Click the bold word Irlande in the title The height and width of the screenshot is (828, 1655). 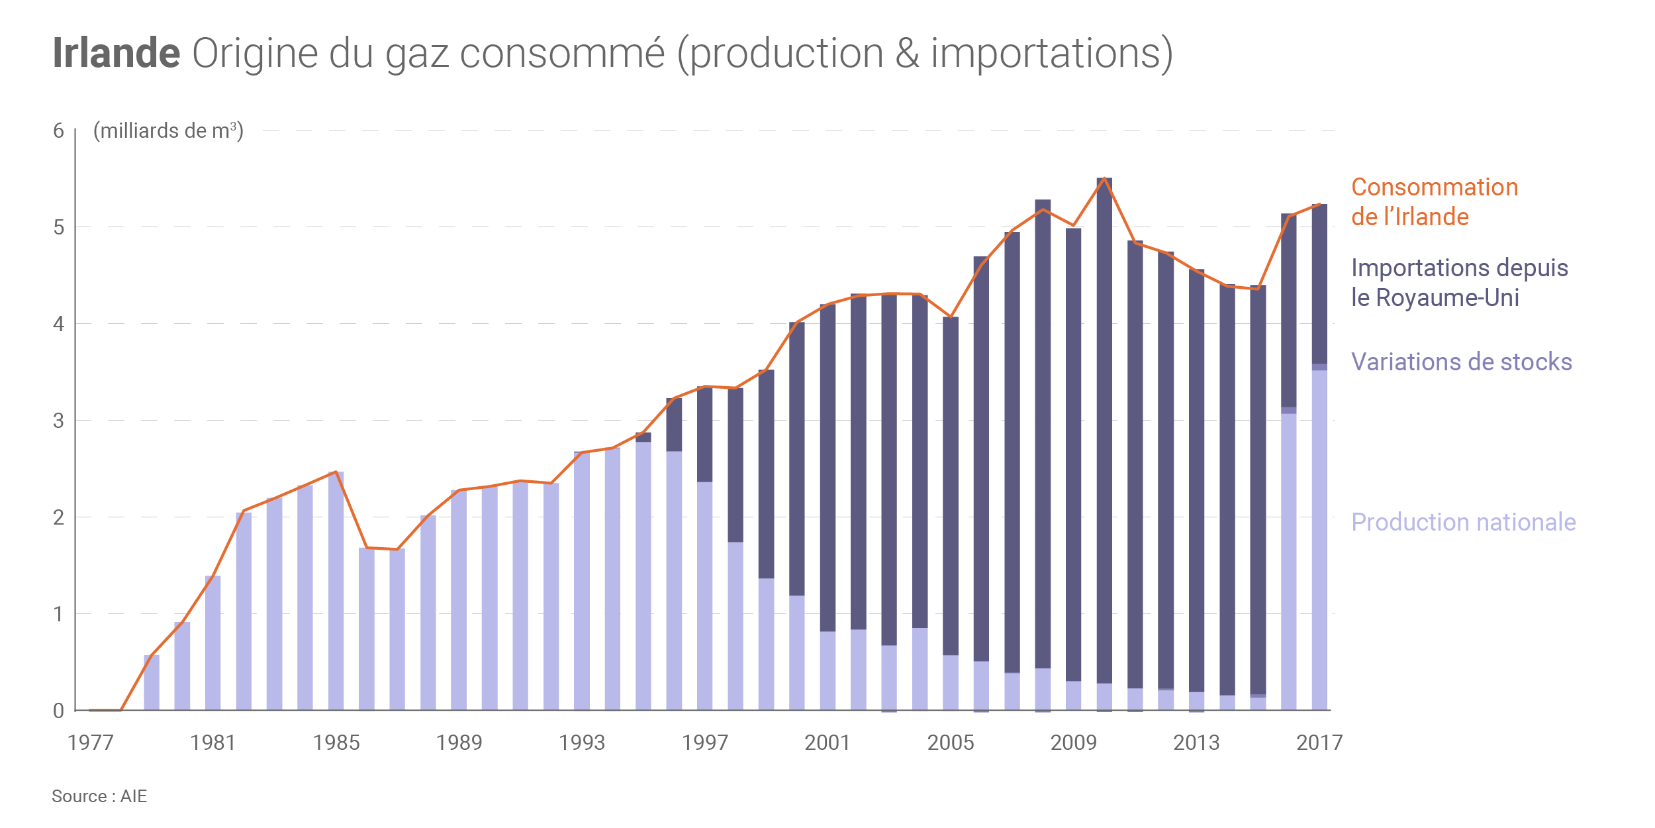116,53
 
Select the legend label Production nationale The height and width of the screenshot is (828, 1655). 1463,522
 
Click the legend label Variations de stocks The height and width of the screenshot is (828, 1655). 1461,362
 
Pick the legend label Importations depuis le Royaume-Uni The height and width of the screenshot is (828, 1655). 1459,283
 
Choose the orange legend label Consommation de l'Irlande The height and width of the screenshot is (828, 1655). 1434,202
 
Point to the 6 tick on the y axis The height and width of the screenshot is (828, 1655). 58,130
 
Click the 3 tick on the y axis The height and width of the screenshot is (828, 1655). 58,421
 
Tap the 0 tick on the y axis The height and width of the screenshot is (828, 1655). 58,711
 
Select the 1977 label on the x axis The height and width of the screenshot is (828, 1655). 91,743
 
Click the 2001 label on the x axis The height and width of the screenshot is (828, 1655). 827,743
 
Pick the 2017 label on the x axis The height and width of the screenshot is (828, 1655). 1319,743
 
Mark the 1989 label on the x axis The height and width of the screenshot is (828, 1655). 459,743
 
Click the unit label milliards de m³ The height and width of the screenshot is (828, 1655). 168,131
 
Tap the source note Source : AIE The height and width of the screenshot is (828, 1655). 99,796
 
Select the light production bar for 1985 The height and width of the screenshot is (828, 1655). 336,590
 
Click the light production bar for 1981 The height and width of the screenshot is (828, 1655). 213,643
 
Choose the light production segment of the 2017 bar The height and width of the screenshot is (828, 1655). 1319,540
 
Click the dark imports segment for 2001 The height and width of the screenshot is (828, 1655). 827,467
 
